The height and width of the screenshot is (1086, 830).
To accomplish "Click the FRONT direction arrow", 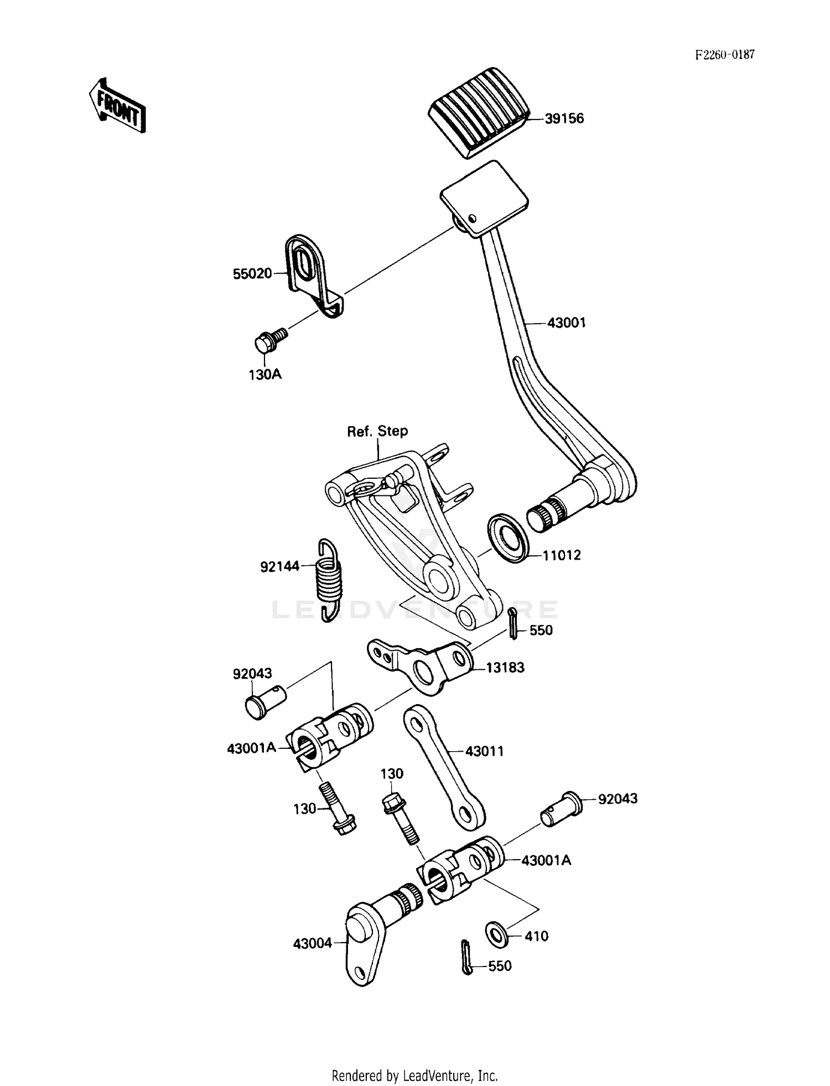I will [x=117, y=106].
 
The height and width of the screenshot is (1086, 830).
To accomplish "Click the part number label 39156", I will [x=564, y=119].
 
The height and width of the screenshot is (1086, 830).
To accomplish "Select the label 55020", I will [x=252, y=273].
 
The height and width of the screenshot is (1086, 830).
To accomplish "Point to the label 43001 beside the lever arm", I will [x=566, y=323].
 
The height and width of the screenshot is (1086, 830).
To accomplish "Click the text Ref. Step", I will [x=377, y=431].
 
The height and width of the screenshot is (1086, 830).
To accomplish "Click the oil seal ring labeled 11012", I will [x=507, y=538].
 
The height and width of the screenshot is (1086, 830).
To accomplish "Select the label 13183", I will [x=505, y=668].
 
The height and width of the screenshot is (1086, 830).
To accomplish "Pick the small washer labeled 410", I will [x=496, y=934].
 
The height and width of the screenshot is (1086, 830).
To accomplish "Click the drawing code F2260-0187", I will [x=725, y=55].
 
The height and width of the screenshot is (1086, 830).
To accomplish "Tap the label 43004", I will [x=313, y=943].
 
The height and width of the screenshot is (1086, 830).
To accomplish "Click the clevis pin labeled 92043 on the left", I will [x=265, y=701].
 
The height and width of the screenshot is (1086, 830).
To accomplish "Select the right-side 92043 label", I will [x=618, y=799].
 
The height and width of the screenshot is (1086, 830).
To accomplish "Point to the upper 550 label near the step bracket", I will [x=541, y=630].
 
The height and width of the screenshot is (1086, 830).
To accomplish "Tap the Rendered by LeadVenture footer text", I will [x=414, y=1075].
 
